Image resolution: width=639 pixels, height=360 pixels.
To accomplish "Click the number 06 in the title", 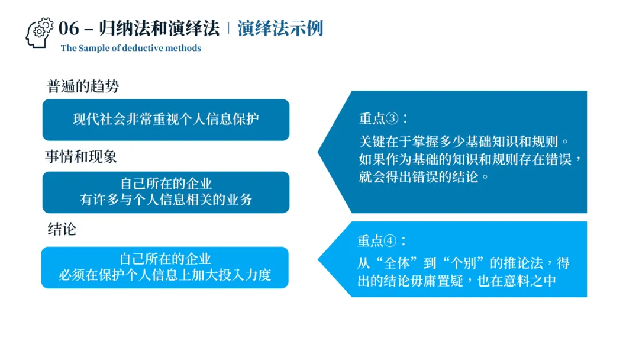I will coord(69,28).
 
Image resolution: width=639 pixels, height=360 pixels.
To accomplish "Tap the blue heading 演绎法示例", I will coord(280,28).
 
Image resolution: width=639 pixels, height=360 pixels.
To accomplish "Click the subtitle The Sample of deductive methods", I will coord(131,48).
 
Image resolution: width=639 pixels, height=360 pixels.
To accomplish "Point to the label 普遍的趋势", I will coord(83,86).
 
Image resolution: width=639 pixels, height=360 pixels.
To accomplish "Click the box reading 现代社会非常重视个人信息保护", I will coord(166,119).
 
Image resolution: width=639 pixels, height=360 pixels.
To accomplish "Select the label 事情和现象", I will coord(81,156).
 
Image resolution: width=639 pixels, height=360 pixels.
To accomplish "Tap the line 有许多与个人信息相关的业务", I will coord(166,200).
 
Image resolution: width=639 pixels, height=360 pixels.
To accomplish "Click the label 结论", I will coord(62,229).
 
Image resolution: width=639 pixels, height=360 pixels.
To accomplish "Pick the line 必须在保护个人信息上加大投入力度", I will coord(164,275).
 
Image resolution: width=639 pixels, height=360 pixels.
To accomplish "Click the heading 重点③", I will coord(383,118).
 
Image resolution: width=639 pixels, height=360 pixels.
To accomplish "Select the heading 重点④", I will coord(382,241).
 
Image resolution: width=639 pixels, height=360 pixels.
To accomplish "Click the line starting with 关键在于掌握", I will coord(466,142).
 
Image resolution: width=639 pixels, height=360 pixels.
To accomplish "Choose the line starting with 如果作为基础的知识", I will coord(471,159).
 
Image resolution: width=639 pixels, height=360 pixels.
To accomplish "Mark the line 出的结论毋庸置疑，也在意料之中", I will coord(457,280).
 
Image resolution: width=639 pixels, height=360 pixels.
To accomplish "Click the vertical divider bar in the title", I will coord(228,28).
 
